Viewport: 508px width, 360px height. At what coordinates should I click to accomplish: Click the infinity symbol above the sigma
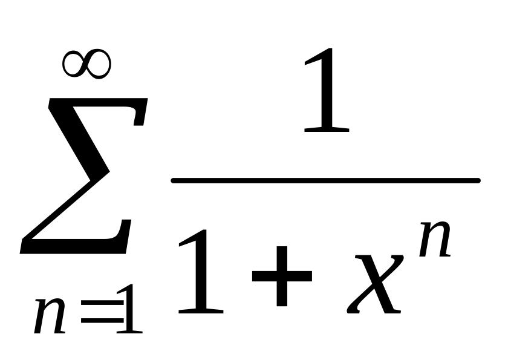[x=87, y=64]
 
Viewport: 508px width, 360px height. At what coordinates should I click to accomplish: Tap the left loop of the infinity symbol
[x=65, y=65]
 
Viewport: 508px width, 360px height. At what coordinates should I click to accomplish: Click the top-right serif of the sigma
[x=140, y=113]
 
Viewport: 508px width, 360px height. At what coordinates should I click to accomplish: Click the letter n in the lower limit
[x=50, y=316]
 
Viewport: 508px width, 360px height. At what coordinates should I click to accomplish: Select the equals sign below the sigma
[x=102, y=312]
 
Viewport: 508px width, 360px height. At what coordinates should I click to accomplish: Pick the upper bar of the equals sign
[x=102, y=302]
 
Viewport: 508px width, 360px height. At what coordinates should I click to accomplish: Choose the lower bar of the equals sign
[x=102, y=321]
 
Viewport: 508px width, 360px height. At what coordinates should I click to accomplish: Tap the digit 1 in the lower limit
[x=129, y=309]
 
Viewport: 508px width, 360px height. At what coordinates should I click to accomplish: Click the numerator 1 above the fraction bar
[x=327, y=90]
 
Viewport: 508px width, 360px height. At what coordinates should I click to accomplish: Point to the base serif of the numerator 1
[x=327, y=129]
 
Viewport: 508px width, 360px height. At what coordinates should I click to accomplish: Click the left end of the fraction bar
[x=174, y=180]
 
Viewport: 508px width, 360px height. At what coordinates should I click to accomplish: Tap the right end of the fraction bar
[x=478, y=180]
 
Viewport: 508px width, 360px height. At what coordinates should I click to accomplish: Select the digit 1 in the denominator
[x=201, y=272]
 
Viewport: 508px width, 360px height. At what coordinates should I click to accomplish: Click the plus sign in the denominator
[x=282, y=276]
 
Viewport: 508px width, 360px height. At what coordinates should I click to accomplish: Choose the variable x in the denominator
[x=375, y=284]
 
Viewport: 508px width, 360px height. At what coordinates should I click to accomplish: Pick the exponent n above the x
[x=434, y=239]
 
